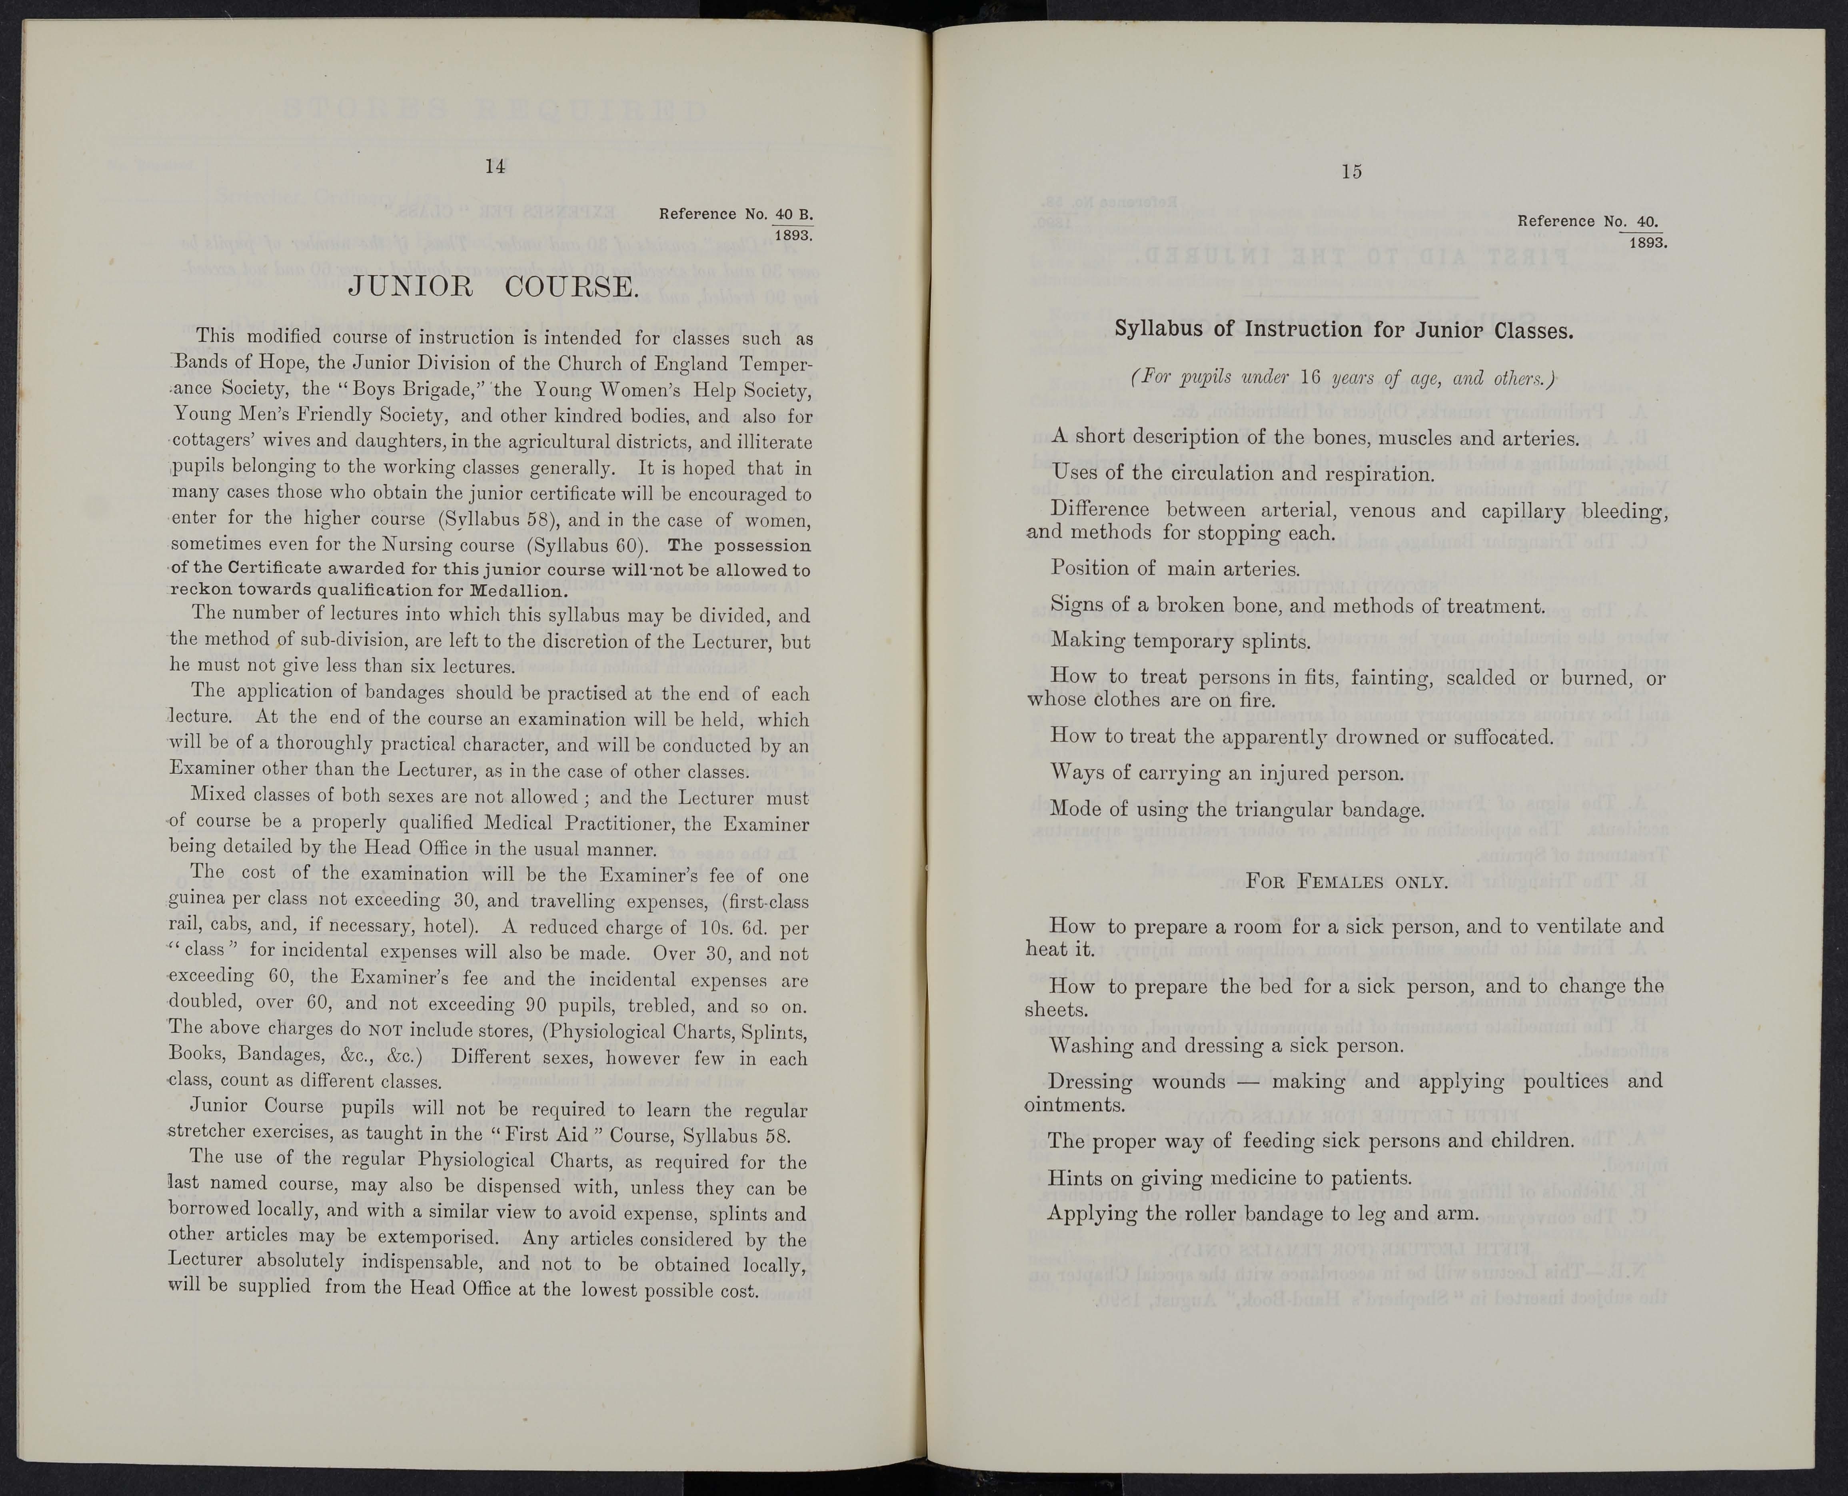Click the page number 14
coord(495,167)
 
